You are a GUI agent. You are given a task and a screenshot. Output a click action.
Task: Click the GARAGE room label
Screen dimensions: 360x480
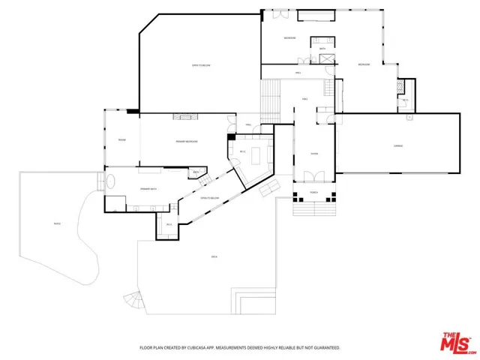click(399, 145)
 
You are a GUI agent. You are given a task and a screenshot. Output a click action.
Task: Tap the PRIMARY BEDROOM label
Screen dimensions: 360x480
click(187, 141)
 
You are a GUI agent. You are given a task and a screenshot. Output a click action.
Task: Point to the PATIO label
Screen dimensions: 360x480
click(57, 223)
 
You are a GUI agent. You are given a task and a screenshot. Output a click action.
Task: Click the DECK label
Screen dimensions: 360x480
click(214, 257)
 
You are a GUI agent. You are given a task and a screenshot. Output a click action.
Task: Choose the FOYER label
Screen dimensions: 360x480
click(315, 154)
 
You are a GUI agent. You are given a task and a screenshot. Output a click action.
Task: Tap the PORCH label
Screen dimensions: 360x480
click(315, 192)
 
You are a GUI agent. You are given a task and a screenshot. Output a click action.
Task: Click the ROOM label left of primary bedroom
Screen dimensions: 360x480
click(121, 139)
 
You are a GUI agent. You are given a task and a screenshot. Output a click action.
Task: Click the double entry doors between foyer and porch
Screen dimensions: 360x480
click(315, 178)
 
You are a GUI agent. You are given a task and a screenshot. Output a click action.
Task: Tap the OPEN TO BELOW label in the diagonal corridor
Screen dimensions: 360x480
click(209, 198)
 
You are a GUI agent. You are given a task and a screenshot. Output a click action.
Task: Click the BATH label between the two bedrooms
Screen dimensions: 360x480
click(322, 49)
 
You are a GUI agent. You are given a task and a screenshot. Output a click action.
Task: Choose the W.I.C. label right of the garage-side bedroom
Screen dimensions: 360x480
click(405, 100)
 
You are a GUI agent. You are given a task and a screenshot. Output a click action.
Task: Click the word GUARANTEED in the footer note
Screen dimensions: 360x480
click(323, 348)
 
